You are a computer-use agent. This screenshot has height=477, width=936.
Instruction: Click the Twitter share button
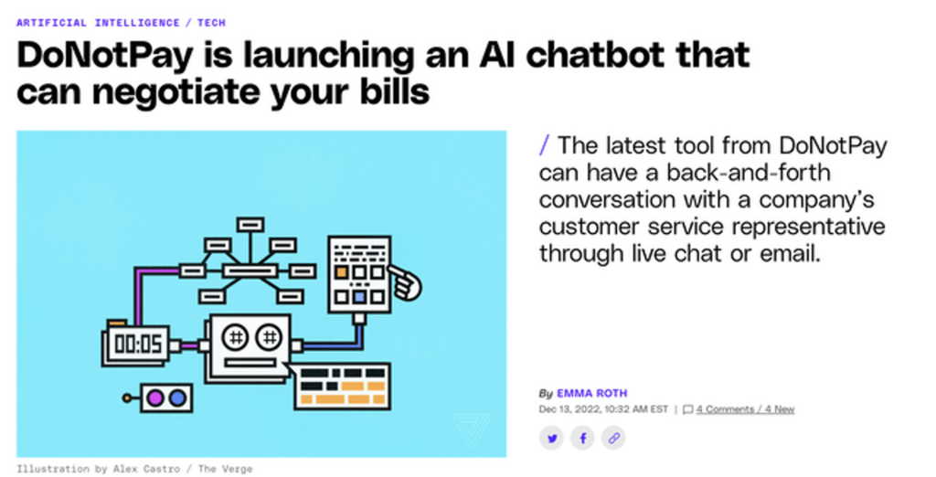tap(551, 439)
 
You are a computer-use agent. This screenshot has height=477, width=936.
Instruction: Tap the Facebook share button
tap(582, 439)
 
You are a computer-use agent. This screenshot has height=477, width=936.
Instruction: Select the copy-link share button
tap(613, 439)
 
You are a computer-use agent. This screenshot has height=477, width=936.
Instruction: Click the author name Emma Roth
tap(592, 394)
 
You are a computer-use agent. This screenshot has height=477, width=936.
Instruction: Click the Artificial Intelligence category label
tap(98, 23)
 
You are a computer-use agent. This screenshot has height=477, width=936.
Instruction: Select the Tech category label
tap(211, 23)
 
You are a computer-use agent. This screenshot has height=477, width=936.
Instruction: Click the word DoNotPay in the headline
tap(105, 56)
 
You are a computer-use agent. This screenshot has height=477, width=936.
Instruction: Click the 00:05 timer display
tap(137, 344)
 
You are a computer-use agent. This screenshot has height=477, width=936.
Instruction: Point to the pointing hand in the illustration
tap(405, 282)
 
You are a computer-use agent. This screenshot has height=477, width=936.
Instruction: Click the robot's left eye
tap(235, 338)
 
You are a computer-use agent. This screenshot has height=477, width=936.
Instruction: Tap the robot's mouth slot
tap(250, 363)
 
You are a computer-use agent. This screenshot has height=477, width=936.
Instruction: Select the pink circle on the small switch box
tap(154, 398)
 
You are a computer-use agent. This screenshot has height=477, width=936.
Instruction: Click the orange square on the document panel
tap(341, 272)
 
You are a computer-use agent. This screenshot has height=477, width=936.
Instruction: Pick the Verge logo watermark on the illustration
tap(472, 429)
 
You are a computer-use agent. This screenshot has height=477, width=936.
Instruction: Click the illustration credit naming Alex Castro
tap(134, 470)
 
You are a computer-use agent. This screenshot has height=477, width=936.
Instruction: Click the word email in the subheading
tap(791, 254)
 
